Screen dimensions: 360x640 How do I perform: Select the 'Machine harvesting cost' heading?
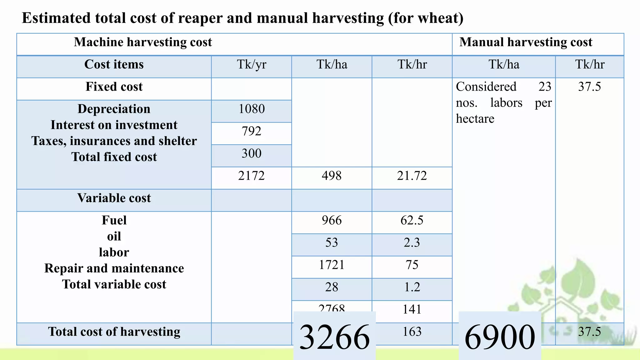pos(143,42)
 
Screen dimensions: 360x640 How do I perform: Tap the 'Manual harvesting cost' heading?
pos(526,42)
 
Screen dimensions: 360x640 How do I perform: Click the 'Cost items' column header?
pos(114,64)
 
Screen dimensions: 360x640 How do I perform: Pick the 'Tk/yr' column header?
pos(252,64)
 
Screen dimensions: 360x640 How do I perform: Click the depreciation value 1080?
pos(252,109)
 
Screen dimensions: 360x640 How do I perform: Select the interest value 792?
pos(252,131)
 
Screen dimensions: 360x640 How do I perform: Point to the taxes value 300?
pos(252,153)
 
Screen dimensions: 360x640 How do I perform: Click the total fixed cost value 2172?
pos(252,176)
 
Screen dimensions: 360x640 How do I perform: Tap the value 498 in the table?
pos(332,176)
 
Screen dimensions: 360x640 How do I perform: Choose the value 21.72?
pos(412,176)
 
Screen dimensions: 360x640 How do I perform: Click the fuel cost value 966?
pos(332,220)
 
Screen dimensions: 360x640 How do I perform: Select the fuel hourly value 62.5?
pos(412,220)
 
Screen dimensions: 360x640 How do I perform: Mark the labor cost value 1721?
pos(332,265)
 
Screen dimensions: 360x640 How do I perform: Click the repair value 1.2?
pos(412,287)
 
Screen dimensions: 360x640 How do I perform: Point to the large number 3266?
pos(334,337)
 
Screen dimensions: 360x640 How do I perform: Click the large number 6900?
pos(500,337)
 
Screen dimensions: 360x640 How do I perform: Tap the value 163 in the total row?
pos(412,332)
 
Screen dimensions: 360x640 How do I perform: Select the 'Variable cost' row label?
pos(114,198)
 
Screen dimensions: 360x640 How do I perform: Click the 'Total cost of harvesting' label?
pos(114,332)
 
